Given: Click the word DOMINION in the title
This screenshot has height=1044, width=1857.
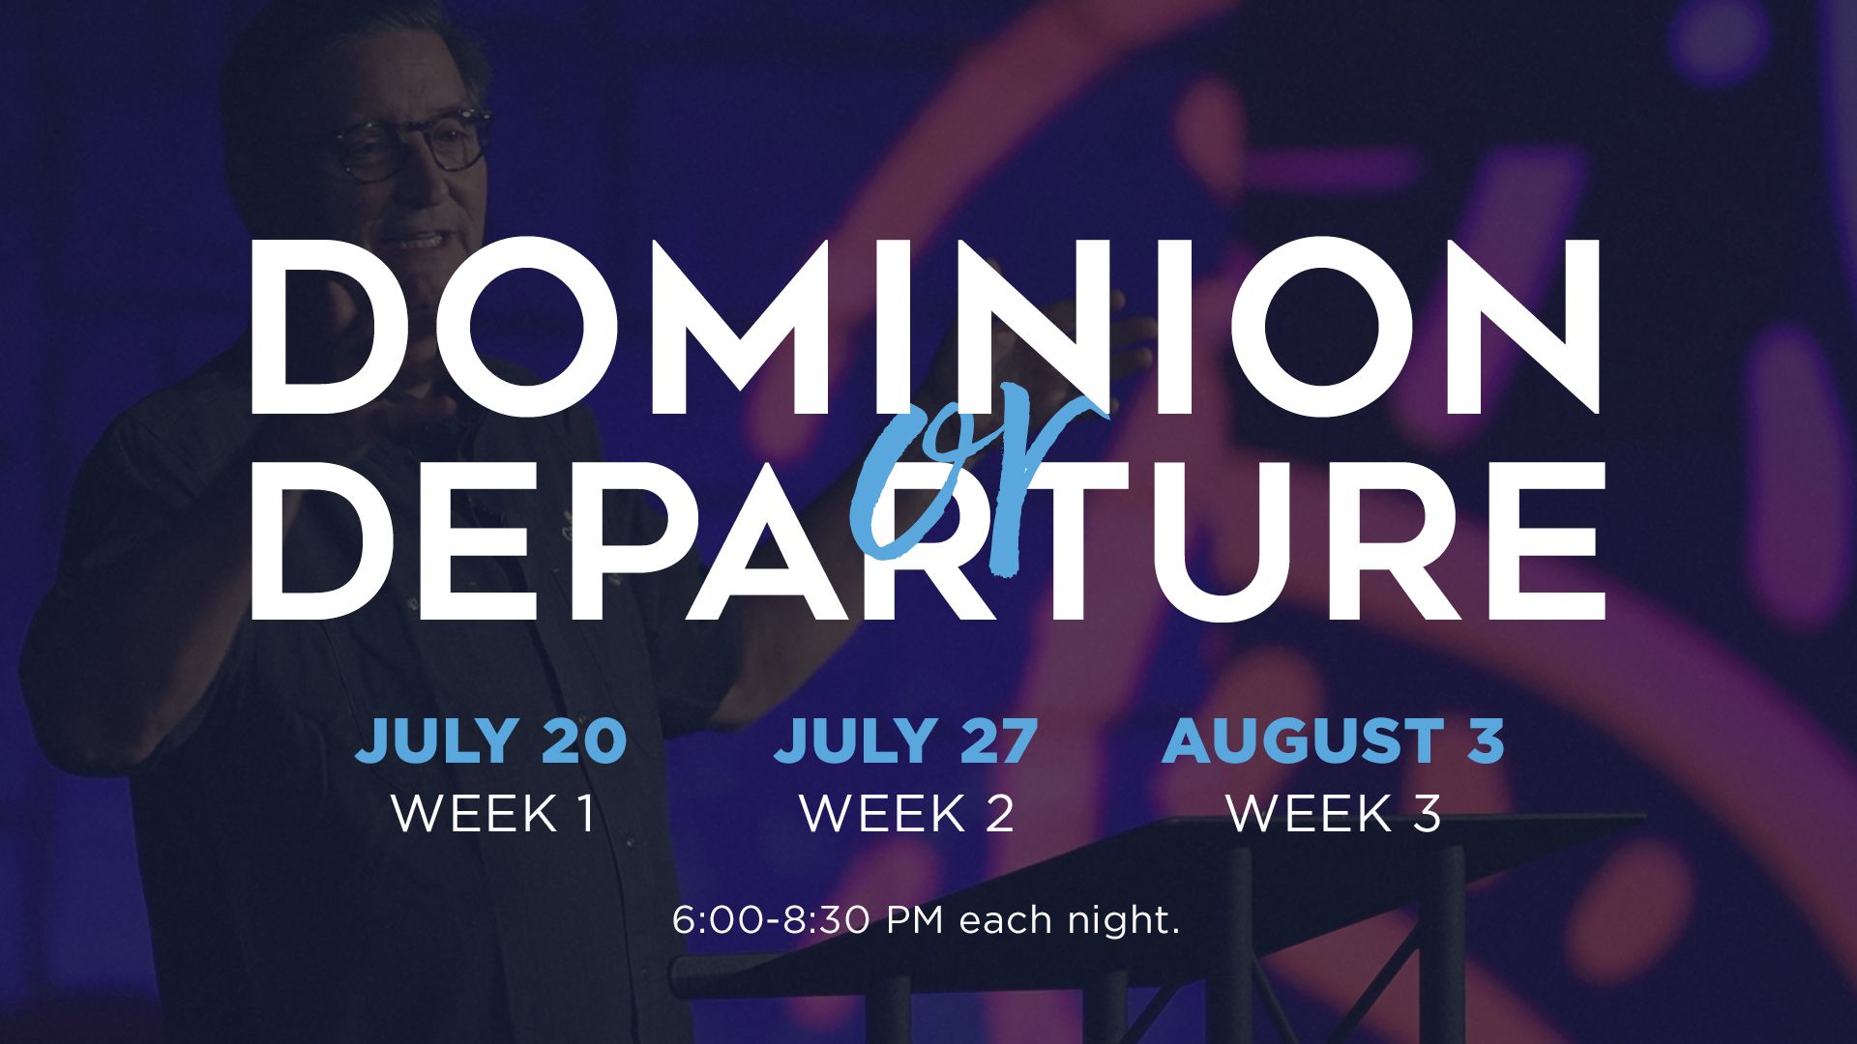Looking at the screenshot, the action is [926, 327].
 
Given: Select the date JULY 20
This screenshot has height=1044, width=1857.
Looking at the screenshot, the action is [491, 740].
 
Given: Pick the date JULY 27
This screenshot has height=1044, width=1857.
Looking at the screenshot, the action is [905, 740].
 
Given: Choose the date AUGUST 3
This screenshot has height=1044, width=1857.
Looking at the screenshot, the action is [1333, 740].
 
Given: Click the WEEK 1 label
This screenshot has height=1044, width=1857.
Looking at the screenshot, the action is [492, 813].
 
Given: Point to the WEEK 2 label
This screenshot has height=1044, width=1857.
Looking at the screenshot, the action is [906, 813].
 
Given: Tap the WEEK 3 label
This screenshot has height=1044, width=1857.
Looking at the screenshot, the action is [1333, 813].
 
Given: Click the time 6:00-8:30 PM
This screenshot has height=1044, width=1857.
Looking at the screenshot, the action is [808, 919].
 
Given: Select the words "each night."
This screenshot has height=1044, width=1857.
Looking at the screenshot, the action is [1070, 919].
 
